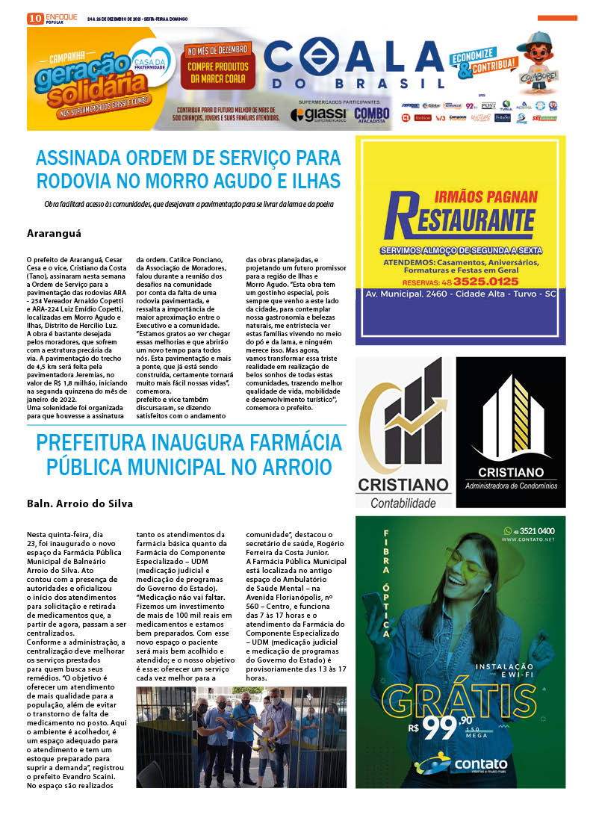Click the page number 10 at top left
click(34, 19)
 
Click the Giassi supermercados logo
click(319, 114)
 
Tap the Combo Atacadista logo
click(371, 114)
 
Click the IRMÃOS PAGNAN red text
click(485, 196)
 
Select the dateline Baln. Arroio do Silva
click(79, 503)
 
